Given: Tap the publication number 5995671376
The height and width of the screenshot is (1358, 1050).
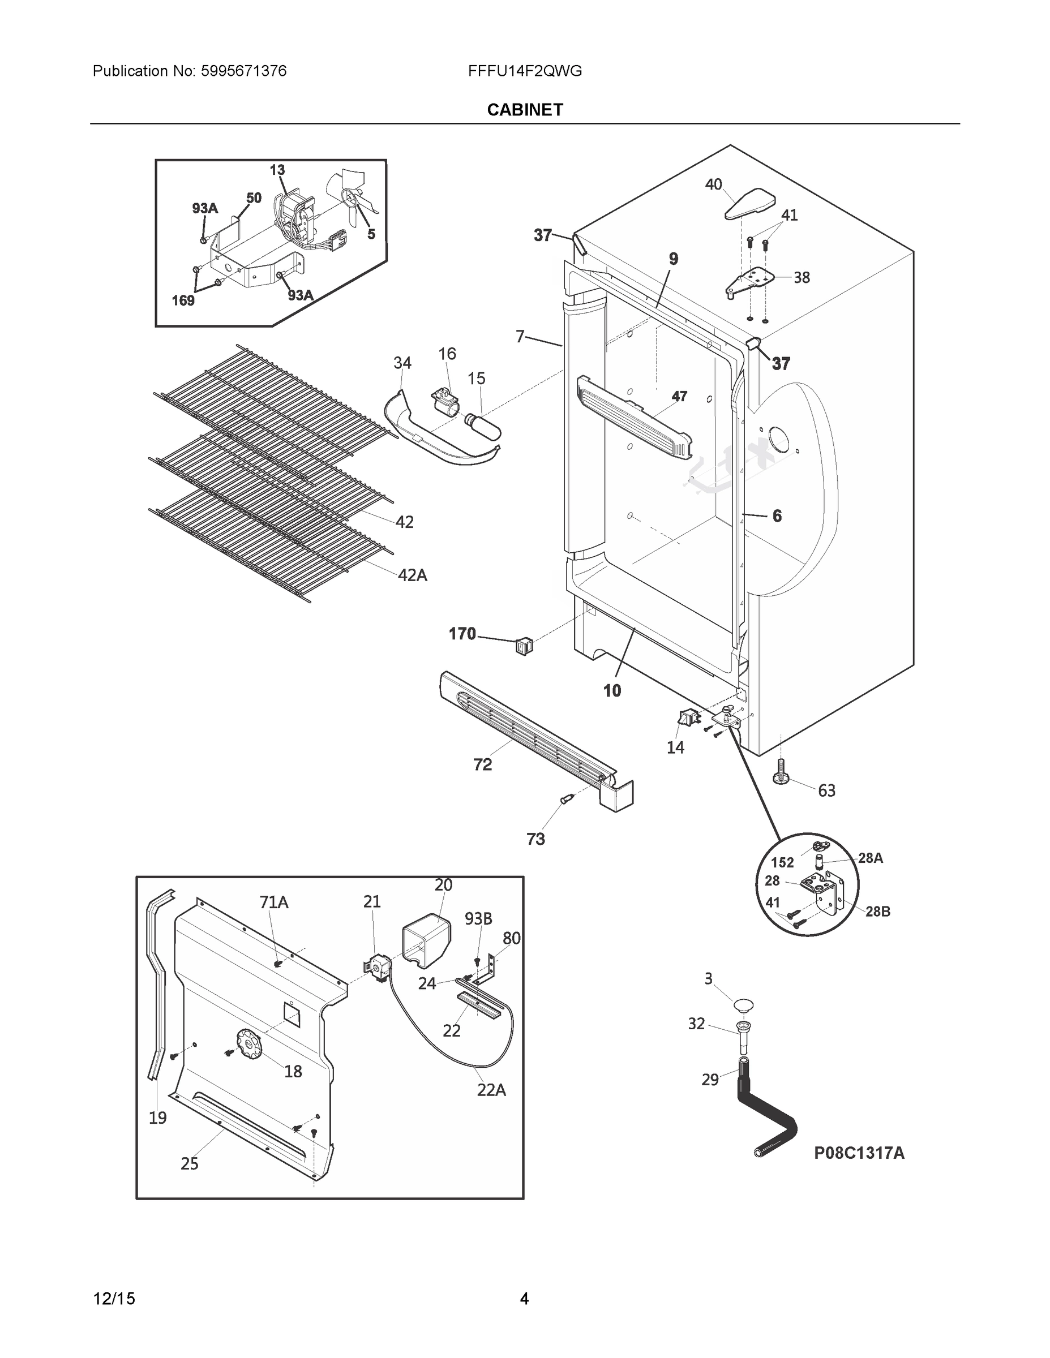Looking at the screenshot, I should tap(243, 71).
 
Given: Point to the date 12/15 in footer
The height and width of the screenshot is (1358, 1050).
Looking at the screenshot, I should tap(114, 1299).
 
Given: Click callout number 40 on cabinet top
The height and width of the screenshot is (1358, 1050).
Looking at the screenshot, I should tap(713, 184).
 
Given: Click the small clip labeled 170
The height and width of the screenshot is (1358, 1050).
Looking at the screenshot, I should tap(524, 647).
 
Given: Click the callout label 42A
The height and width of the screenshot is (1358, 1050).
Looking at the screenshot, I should tap(413, 576).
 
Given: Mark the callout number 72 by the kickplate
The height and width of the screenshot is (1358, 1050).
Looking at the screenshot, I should tap(483, 765).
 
